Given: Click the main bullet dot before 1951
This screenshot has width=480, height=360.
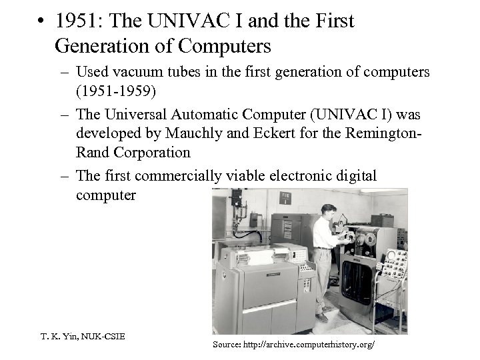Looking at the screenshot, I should [x=41, y=21].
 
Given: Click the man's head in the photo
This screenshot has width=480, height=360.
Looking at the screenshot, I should [x=327, y=208].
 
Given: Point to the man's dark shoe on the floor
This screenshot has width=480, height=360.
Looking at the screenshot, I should [x=321, y=317].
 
